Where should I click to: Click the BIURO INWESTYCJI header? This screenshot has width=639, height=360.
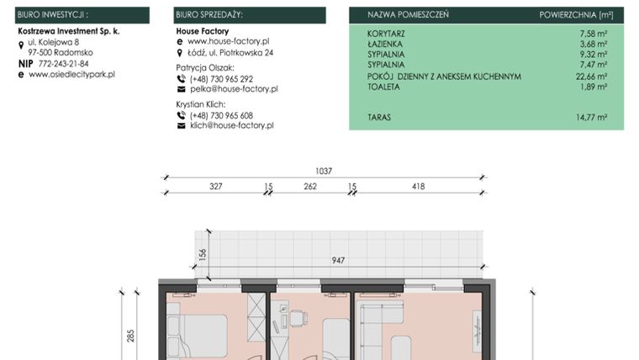[x=52, y=15]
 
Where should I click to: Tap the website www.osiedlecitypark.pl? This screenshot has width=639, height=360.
[x=71, y=75]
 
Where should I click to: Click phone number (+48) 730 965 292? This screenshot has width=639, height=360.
[x=221, y=78]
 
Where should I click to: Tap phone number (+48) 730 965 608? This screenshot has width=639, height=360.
[x=221, y=115]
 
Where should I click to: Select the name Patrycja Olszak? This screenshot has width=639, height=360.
[x=205, y=66]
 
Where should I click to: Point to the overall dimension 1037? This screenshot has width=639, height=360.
[x=324, y=172]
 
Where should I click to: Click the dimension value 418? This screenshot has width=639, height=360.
[x=418, y=187]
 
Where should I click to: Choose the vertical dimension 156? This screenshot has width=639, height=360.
[x=202, y=255]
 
